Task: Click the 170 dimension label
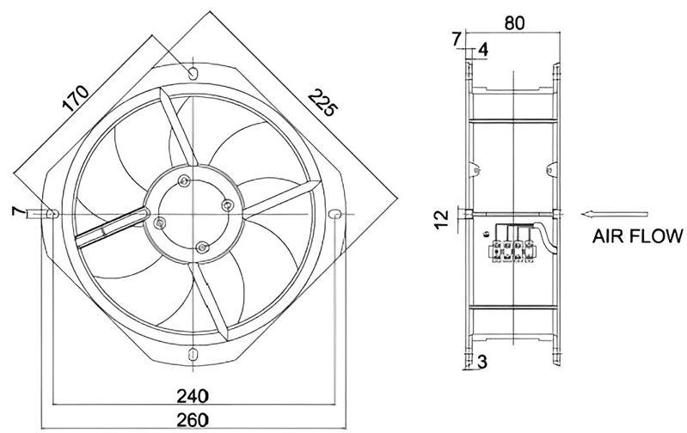[76, 98]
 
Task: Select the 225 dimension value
[322, 102]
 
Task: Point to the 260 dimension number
[193, 420]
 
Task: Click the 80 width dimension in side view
[514, 22]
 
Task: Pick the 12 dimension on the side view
[443, 218]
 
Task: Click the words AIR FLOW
[637, 236]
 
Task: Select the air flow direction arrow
[614, 214]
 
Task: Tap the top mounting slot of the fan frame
[193, 72]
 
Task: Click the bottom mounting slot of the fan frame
[193, 354]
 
